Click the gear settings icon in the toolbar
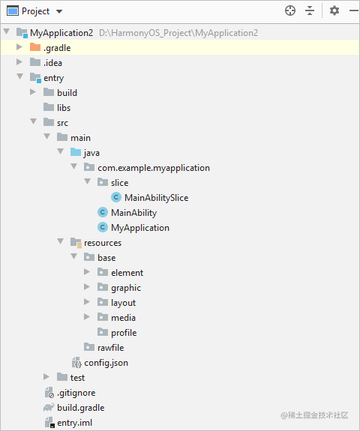pyautogui.click(x=334, y=11)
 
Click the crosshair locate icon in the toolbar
pyautogui.click(x=290, y=11)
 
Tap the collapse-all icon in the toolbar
pyautogui.click(x=310, y=11)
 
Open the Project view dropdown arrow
pyautogui.click(x=59, y=11)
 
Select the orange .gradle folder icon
pyautogui.click(x=35, y=47)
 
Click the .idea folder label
pyautogui.click(x=52, y=63)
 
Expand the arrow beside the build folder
pyautogui.click(x=33, y=92)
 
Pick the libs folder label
pyautogui.click(x=64, y=108)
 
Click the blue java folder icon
pyautogui.click(x=76, y=152)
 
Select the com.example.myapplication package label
pyautogui.click(x=154, y=168)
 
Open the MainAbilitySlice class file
pyautogui.click(x=157, y=198)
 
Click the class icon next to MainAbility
pyautogui.click(x=103, y=212)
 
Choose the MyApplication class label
pyautogui.click(x=140, y=228)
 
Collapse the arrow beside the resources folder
pyautogui.click(x=61, y=241)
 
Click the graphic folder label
pyautogui.click(x=126, y=288)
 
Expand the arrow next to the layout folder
pyautogui.click(x=87, y=302)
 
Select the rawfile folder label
pyautogui.click(x=111, y=348)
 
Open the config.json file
pyautogui.click(x=106, y=363)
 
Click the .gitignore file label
pyautogui.click(x=76, y=393)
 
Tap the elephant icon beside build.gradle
pyautogui.click(x=49, y=407)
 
